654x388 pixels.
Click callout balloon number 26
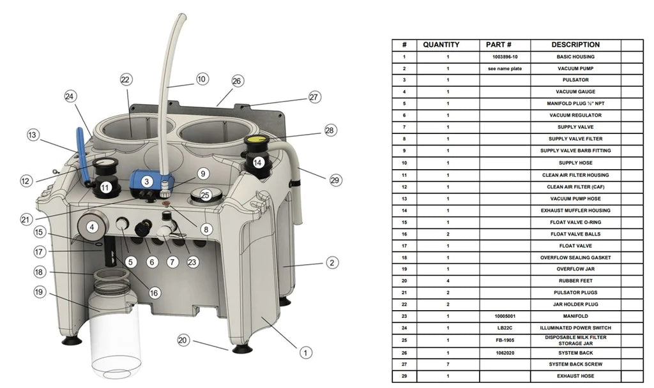click(237, 82)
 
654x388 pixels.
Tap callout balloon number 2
click(332, 262)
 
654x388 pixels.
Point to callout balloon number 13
click(33, 135)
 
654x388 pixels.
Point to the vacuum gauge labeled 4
click(92, 226)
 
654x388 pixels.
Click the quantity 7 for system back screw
click(448, 364)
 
